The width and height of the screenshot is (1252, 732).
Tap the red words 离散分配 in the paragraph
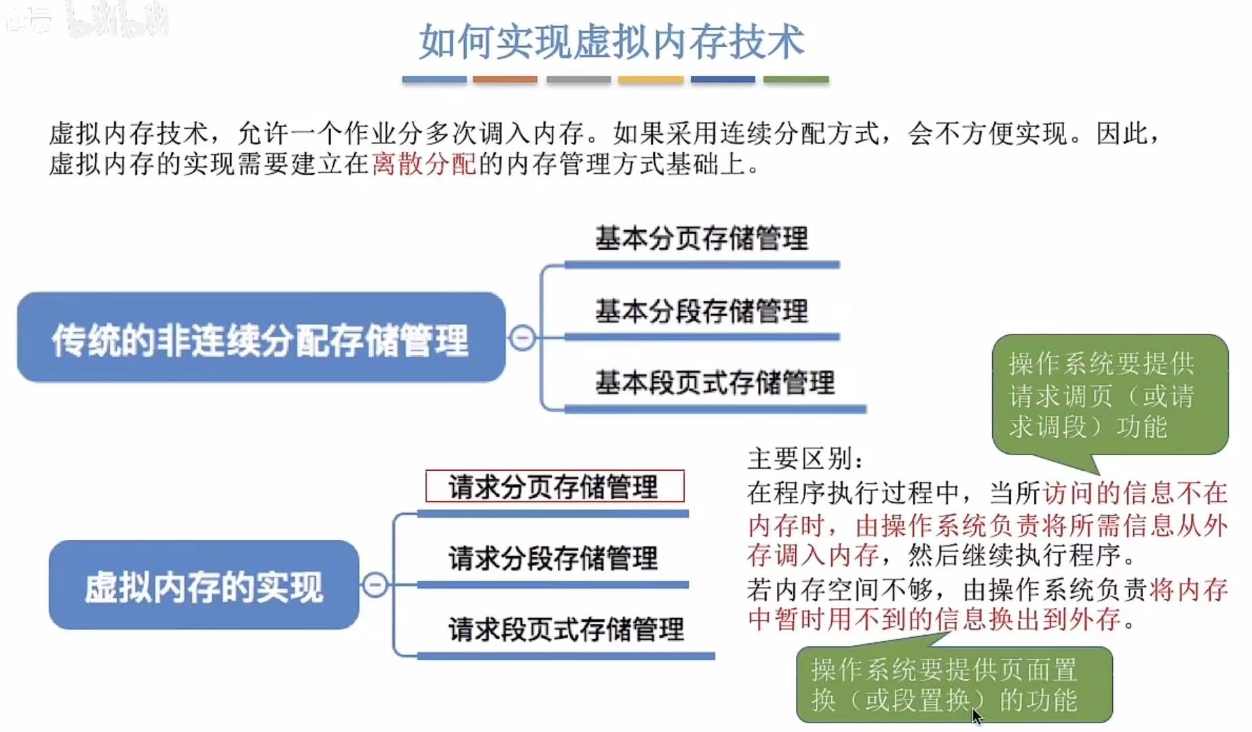[423, 164]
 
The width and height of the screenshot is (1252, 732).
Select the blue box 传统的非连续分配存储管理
[261, 338]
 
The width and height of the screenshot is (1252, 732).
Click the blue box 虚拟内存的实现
[204, 585]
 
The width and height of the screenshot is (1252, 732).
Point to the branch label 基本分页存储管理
[702, 239]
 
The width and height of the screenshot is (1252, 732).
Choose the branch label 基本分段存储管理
[702, 311]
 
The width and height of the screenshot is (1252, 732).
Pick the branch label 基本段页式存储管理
[715, 383]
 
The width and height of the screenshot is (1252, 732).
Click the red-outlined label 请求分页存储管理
[554, 486]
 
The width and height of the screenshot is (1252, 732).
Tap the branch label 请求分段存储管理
[552, 558]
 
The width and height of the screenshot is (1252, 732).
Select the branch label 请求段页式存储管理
[565, 630]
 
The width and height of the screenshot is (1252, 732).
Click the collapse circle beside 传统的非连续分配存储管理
[523, 337]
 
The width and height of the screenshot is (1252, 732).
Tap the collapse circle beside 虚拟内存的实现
[375, 585]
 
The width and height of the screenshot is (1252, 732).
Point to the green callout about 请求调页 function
[1109, 395]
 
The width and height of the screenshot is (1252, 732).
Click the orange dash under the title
[505, 79]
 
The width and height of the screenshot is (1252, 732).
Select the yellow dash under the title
[650, 79]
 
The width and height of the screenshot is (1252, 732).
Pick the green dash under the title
[795, 79]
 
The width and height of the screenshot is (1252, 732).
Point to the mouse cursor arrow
[976, 716]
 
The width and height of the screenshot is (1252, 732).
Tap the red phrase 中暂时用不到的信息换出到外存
[934, 619]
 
